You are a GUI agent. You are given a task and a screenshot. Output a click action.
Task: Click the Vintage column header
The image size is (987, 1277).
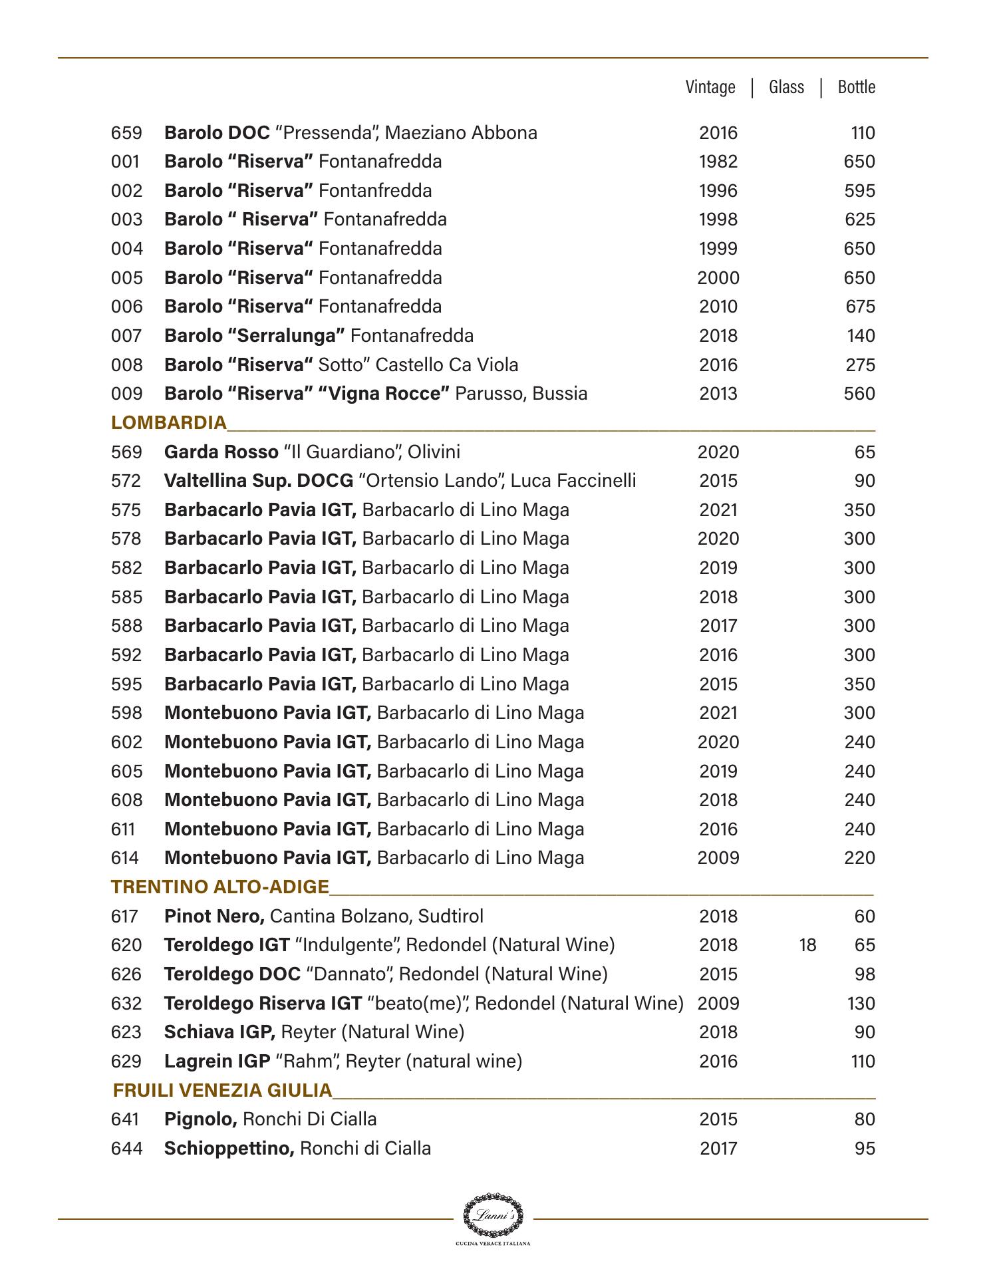point(710,87)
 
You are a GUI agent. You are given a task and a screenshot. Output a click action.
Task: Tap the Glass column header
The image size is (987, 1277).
point(786,87)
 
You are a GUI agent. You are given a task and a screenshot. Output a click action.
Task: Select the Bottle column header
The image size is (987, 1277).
point(856,87)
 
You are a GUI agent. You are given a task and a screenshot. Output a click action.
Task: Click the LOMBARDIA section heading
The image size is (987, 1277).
point(169,423)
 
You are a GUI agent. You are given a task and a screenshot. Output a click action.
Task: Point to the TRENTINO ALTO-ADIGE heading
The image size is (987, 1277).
point(220,887)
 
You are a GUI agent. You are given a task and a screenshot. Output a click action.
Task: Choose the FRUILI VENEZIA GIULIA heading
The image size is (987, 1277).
point(222,1091)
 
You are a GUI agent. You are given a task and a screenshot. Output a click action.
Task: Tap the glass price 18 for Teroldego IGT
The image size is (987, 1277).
point(807,945)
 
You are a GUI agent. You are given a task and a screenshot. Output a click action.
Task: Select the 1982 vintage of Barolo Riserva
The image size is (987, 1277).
point(718,162)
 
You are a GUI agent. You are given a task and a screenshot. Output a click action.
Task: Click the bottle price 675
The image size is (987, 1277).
point(859,307)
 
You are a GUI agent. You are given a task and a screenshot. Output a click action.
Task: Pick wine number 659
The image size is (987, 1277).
point(126,133)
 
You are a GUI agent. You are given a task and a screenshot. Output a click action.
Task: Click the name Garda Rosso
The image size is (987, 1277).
point(221,452)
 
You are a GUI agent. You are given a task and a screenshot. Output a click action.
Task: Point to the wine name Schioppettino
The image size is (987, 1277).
point(229,1149)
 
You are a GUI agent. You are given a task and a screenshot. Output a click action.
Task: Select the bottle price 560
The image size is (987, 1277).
point(859,394)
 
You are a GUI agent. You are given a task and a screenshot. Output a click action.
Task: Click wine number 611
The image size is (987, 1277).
point(123,829)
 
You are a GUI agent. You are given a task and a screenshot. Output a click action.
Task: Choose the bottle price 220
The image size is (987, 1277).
point(859,858)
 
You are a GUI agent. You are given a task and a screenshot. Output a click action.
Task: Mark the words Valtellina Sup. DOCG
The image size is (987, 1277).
point(258,481)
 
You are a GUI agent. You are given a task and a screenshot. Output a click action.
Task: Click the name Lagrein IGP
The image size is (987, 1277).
point(217,1062)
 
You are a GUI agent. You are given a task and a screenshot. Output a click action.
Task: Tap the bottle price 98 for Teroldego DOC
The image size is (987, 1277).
point(865,974)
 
